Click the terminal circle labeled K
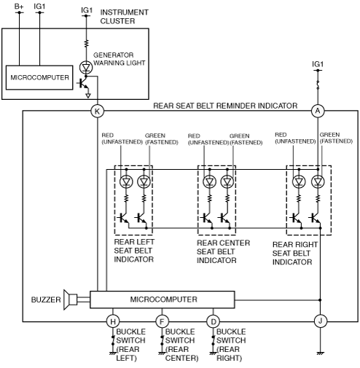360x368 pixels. point(97,111)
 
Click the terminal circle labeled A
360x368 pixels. point(318,111)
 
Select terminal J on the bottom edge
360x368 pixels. point(320,321)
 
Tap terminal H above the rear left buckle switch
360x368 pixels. point(113,321)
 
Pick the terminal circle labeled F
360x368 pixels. point(162,321)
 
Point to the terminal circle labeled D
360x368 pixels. point(214,321)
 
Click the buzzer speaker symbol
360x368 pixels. point(71,300)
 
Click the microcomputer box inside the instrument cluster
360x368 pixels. point(39,77)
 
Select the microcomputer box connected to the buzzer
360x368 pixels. point(163,300)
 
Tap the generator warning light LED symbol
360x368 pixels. point(86,67)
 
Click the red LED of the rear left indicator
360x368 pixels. point(126,181)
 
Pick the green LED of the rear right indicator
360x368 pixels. point(318,181)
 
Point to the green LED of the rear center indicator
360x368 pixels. point(227,181)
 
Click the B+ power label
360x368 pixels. point(19,7)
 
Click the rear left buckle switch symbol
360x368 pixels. point(113,341)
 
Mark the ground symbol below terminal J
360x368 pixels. point(320,353)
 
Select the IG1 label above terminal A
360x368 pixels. point(318,64)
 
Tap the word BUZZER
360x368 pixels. point(46,300)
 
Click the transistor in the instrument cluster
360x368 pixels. point(83,84)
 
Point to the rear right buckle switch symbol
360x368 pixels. point(214,341)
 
